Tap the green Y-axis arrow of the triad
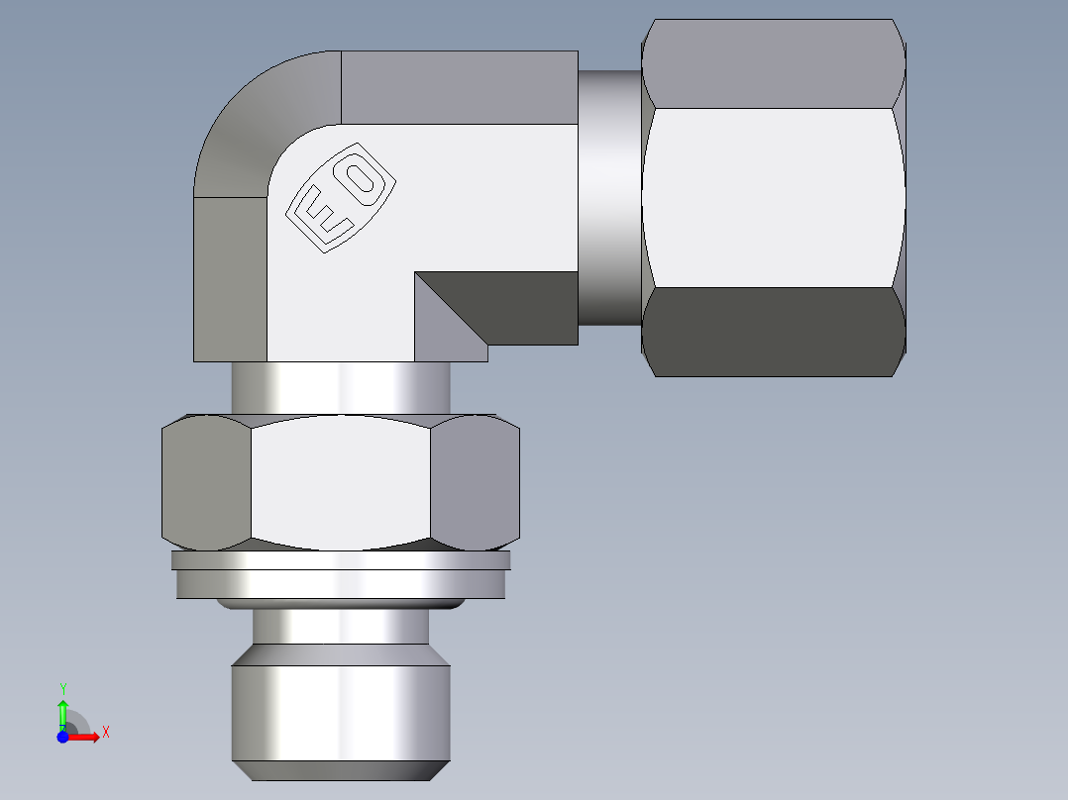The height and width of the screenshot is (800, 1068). pyautogui.click(x=62, y=709)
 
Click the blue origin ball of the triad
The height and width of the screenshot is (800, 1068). pyautogui.click(x=62, y=737)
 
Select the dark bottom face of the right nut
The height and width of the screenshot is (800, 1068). pyautogui.click(x=775, y=332)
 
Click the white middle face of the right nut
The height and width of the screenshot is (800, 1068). pyautogui.click(x=773, y=198)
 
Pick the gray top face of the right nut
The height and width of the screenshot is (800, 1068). pyautogui.click(x=773, y=64)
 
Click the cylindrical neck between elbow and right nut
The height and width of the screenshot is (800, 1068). pyautogui.click(x=609, y=198)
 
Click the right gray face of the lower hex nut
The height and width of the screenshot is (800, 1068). pyautogui.click(x=476, y=480)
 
